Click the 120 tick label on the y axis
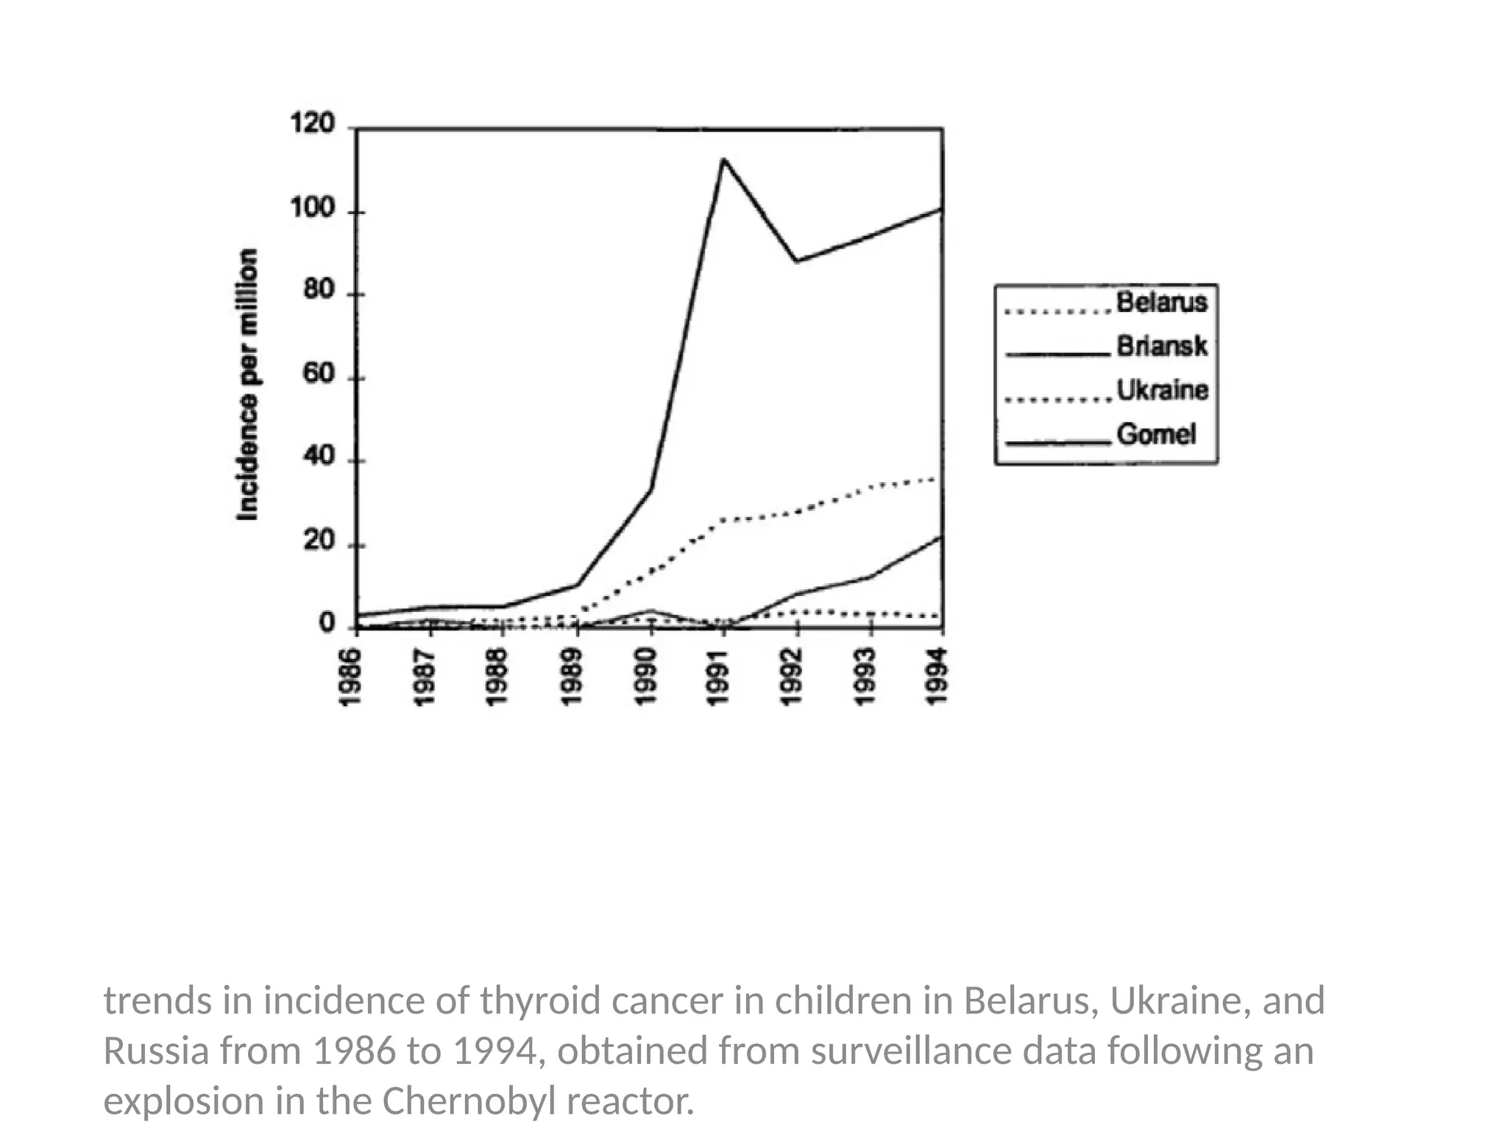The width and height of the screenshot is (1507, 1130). pyautogui.click(x=312, y=123)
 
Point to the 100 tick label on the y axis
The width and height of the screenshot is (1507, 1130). pyautogui.click(x=312, y=209)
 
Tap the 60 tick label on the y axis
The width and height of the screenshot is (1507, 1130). pyautogui.click(x=318, y=374)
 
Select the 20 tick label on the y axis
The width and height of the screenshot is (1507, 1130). pyautogui.click(x=318, y=541)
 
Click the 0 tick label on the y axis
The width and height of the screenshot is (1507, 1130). pyautogui.click(x=326, y=624)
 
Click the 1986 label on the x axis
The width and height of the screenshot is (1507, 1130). pyautogui.click(x=350, y=677)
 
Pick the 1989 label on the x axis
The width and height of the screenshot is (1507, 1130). pyautogui.click(x=572, y=677)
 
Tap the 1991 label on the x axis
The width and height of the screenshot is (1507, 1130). pyautogui.click(x=717, y=677)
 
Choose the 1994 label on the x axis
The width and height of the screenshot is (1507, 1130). pyautogui.click(x=936, y=677)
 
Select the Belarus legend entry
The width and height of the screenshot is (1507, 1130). pyautogui.click(x=1161, y=302)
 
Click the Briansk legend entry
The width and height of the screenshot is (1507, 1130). pyautogui.click(x=1161, y=346)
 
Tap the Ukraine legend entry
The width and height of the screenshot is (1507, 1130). pyautogui.click(x=1162, y=390)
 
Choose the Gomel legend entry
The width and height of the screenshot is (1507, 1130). pyautogui.click(x=1155, y=434)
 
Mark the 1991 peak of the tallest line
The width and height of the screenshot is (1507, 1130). pyautogui.click(x=723, y=159)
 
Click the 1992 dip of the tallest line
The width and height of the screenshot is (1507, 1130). pyautogui.click(x=796, y=261)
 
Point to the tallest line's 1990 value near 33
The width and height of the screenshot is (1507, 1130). pyautogui.click(x=650, y=489)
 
